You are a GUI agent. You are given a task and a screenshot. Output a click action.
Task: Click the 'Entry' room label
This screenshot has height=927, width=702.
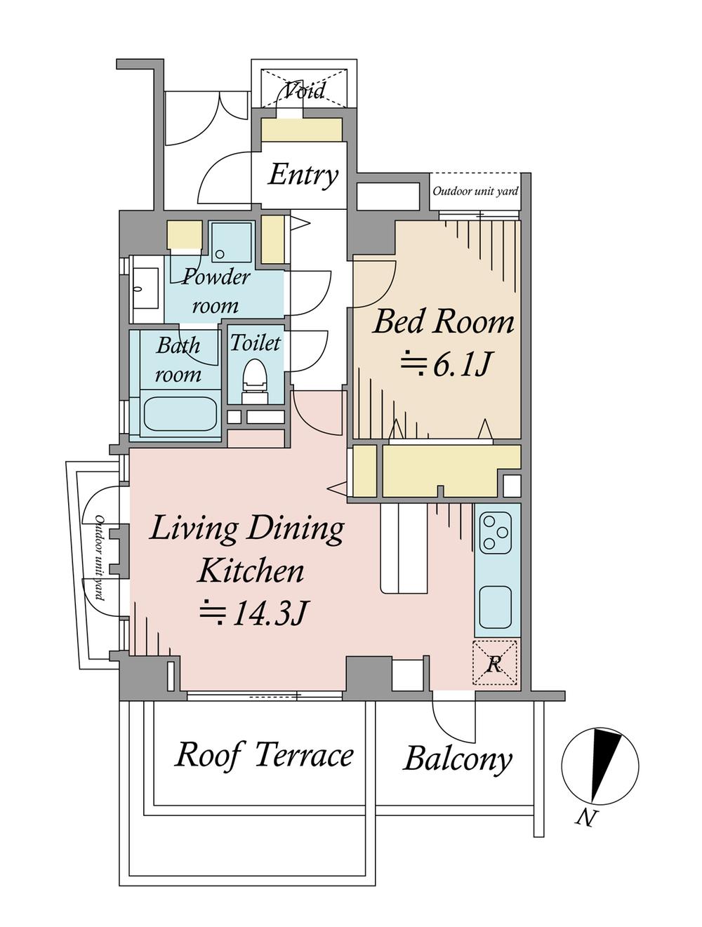click(303, 175)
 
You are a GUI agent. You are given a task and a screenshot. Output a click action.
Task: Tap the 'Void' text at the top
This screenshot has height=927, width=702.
click(305, 91)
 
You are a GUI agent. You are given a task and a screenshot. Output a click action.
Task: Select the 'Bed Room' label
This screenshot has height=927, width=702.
click(444, 322)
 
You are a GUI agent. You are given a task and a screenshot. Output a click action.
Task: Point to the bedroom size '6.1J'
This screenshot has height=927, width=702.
click(460, 365)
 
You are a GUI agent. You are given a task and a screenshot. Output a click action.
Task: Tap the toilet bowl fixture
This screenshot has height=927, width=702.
click(254, 379)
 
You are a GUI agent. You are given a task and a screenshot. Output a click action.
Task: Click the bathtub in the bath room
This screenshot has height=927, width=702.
click(180, 415)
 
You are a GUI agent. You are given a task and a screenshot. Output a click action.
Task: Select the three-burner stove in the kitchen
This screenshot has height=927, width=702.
click(496, 533)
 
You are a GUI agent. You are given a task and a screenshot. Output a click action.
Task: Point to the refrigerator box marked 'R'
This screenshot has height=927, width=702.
click(495, 663)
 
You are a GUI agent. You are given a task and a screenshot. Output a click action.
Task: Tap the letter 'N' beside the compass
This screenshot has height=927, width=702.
click(584, 817)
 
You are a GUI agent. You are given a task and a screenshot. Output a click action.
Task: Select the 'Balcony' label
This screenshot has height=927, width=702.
click(458, 759)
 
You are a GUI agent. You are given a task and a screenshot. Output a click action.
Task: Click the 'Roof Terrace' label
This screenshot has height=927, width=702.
click(264, 755)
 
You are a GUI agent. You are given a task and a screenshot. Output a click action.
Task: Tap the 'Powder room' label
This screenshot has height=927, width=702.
click(216, 291)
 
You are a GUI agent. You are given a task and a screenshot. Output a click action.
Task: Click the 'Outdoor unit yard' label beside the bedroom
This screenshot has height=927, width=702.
click(475, 191)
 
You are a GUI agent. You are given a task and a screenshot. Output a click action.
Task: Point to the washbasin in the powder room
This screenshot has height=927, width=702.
click(146, 286)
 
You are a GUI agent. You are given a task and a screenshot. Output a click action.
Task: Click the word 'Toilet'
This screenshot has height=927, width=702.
click(256, 343)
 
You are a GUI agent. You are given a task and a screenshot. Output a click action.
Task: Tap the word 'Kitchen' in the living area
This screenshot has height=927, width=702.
click(251, 571)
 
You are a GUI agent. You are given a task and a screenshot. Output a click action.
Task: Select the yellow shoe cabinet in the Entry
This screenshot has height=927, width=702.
click(302, 130)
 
